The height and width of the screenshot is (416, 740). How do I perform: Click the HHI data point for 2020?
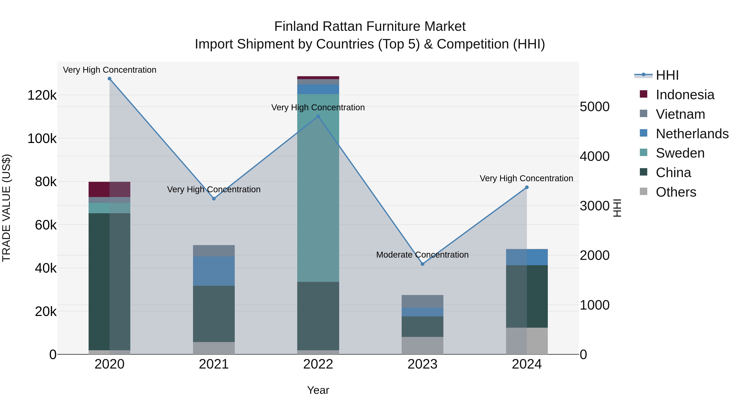tap(109, 79)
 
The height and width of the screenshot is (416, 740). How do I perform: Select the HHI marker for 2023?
tap(422, 264)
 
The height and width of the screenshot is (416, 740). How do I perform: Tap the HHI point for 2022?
tap(318, 116)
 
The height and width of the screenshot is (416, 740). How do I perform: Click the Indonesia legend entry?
tap(685, 95)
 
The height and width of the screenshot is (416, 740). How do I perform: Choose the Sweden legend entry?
tap(680, 153)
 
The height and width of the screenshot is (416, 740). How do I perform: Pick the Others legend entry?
tap(676, 192)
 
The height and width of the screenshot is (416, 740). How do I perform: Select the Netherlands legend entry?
tap(692, 134)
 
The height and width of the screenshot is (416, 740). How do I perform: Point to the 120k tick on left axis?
tap(42, 95)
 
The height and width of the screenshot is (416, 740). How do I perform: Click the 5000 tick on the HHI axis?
tap(594, 107)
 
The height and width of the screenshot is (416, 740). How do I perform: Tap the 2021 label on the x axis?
tap(214, 364)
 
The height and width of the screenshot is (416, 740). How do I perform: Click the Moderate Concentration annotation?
tap(422, 255)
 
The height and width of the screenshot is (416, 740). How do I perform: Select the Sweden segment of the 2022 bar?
tap(318, 188)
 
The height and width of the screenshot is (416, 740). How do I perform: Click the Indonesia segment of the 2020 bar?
tap(109, 189)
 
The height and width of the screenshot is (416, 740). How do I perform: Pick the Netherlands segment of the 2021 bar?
tap(214, 271)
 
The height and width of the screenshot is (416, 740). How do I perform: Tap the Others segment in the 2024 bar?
tap(527, 341)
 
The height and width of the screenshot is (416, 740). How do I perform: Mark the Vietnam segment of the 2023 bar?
tap(422, 301)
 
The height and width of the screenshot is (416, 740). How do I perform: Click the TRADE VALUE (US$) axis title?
tap(7, 208)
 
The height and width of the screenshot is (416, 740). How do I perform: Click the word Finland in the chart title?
tap(296, 27)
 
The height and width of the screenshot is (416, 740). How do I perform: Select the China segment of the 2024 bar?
tap(527, 296)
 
